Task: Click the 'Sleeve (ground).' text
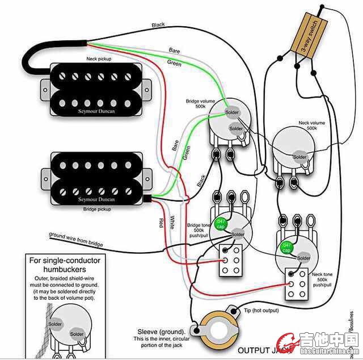click(x=161, y=331)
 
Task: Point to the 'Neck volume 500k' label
click(x=311, y=125)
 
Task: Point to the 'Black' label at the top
click(x=158, y=25)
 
